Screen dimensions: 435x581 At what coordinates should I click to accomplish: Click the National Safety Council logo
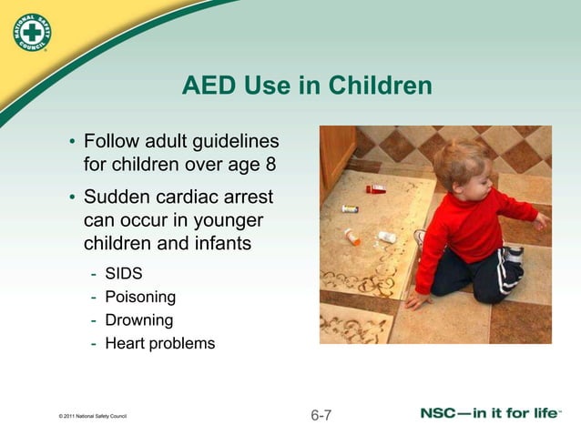tap(32, 35)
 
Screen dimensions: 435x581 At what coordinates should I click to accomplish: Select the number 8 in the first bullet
tap(270, 166)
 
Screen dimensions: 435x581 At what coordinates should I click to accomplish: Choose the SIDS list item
tap(124, 273)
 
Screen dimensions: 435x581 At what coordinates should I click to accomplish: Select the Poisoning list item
tap(140, 297)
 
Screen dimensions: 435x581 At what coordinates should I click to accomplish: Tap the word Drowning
tap(138, 320)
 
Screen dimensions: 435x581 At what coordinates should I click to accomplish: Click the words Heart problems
tap(160, 344)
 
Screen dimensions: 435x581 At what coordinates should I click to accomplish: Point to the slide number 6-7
tap(321, 416)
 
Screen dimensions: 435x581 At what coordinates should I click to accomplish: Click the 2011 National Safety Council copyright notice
tap(91, 418)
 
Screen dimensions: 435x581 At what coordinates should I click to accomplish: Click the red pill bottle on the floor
tap(376, 189)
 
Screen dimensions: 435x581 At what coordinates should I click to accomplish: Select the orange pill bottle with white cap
tap(352, 236)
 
